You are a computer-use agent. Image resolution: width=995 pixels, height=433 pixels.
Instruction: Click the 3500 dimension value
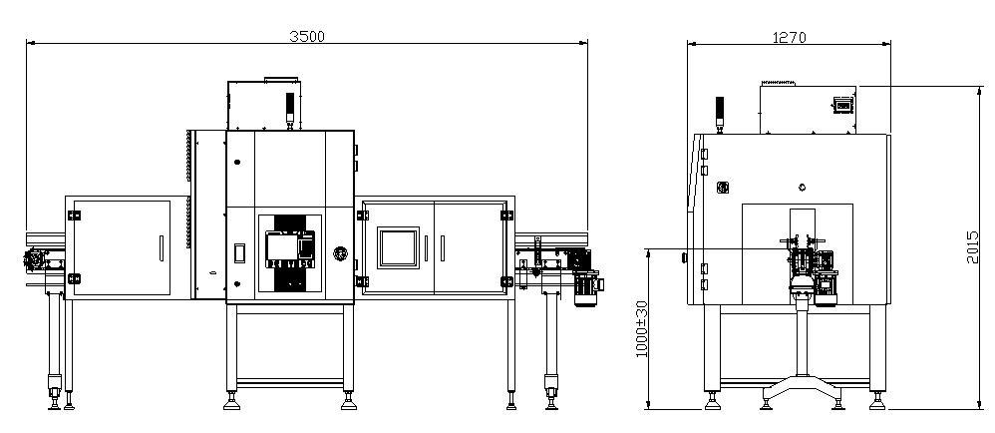[x=306, y=36]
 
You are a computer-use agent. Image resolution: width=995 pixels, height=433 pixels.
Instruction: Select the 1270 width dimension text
[x=789, y=38]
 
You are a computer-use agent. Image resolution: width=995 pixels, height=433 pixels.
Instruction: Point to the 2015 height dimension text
[x=972, y=247]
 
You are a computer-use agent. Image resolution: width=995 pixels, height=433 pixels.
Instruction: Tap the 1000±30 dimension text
[x=641, y=329]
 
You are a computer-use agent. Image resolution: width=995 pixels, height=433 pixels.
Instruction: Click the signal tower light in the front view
[x=290, y=109]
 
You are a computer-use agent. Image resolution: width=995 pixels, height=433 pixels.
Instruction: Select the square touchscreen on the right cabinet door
[x=398, y=247]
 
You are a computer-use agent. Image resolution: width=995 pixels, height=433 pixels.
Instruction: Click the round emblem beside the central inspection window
[x=341, y=254]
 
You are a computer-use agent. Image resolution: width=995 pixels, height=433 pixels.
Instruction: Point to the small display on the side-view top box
[x=842, y=104]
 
